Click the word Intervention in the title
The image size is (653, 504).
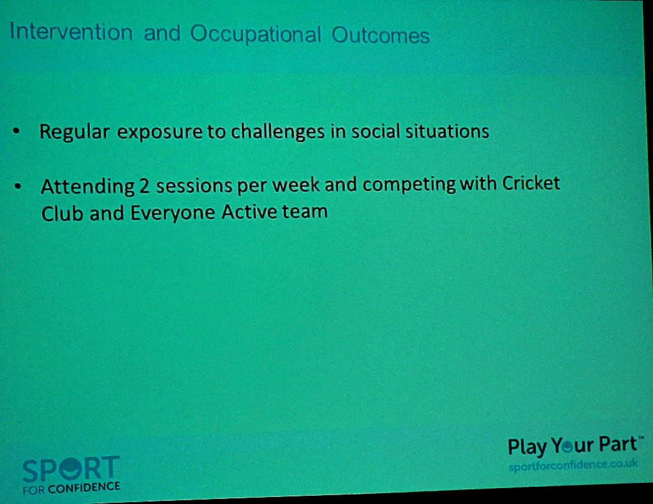pos(71,32)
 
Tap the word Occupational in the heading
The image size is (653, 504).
pos(256,34)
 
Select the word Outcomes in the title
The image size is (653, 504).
pos(380,36)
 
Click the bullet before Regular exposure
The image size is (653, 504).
pos(16,131)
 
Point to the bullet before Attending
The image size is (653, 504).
pos(17,186)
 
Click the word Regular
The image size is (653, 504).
pos(75,133)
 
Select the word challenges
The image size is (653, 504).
pos(278,131)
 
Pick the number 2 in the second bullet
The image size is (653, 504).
pos(144,186)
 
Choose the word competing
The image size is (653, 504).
pos(409,184)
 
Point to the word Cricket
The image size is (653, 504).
pos(531,183)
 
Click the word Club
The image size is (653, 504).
pos(62,213)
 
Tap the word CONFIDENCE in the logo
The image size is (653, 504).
pos(84,488)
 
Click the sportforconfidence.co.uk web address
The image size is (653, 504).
pos(573,465)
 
